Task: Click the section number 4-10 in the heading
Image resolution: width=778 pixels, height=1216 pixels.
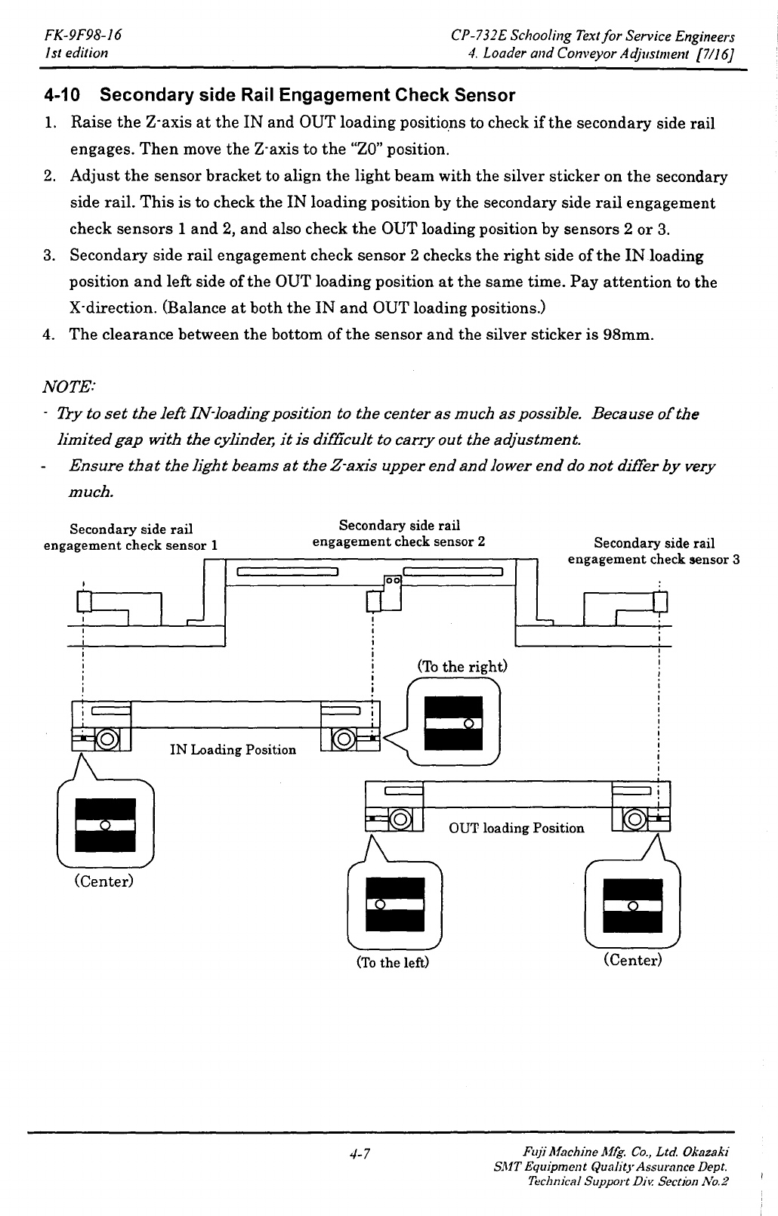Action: (x=62, y=95)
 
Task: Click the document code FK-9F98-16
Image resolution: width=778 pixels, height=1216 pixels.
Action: (x=83, y=35)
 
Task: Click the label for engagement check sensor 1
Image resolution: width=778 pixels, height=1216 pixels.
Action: (x=131, y=537)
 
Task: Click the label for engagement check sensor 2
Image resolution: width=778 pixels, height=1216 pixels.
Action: (x=399, y=533)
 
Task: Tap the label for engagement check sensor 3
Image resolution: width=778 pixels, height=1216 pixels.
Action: (x=653, y=551)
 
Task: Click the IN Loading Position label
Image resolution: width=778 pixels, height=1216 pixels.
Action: (x=233, y=750)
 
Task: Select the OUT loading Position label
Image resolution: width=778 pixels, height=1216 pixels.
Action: (x=517, y=828)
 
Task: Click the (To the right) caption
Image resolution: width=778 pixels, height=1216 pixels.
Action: (x=462, y=666)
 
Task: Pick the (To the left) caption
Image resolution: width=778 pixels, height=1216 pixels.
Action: (x=393, y=962)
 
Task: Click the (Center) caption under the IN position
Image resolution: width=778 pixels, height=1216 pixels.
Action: (x=103, y=881)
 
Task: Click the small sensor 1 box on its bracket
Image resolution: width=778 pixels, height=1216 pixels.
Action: (x=84, y=601)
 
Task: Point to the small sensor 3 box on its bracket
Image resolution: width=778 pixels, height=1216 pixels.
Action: (x=660, y=602)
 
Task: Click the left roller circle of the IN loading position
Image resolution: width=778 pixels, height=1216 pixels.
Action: (x=107, y=739)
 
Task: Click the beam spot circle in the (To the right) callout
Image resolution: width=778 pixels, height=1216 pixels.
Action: (x=469, y=724)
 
